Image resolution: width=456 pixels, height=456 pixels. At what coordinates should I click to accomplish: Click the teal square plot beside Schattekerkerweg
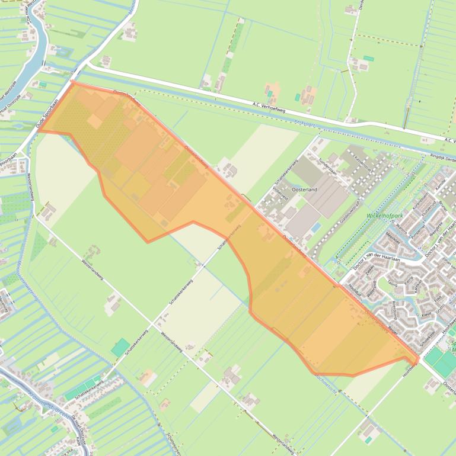(120, 347)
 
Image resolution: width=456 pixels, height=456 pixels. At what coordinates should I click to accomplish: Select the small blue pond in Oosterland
(315, 227)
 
